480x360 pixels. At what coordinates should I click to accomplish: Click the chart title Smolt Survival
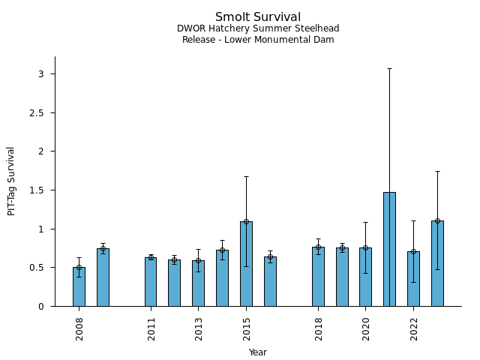click(x=258, y=17)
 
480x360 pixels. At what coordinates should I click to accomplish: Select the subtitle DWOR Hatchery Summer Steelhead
click(x=258, y=28)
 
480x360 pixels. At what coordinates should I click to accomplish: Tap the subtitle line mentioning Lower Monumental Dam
click(x=258, y=40)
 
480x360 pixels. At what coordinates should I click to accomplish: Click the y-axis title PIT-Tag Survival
click(x=11, y=181)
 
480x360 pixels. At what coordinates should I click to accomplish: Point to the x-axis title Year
click(x=258, y=352)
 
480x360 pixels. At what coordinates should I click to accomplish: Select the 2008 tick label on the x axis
click(x=79, y=328)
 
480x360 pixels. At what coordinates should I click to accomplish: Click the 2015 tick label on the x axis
click(x=246, y=328)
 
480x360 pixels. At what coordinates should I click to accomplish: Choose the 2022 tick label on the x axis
click(x=413, y=328)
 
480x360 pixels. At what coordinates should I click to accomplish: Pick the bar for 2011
click(x=151, y=282)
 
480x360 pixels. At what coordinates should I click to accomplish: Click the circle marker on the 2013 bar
click(x=198, y=261)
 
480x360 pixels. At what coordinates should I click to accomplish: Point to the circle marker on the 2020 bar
click(x=365, y=247)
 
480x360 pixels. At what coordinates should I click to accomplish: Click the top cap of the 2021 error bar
click(x=389, y=68)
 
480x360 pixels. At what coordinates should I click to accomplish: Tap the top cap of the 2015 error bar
click(x=246, y=176)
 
